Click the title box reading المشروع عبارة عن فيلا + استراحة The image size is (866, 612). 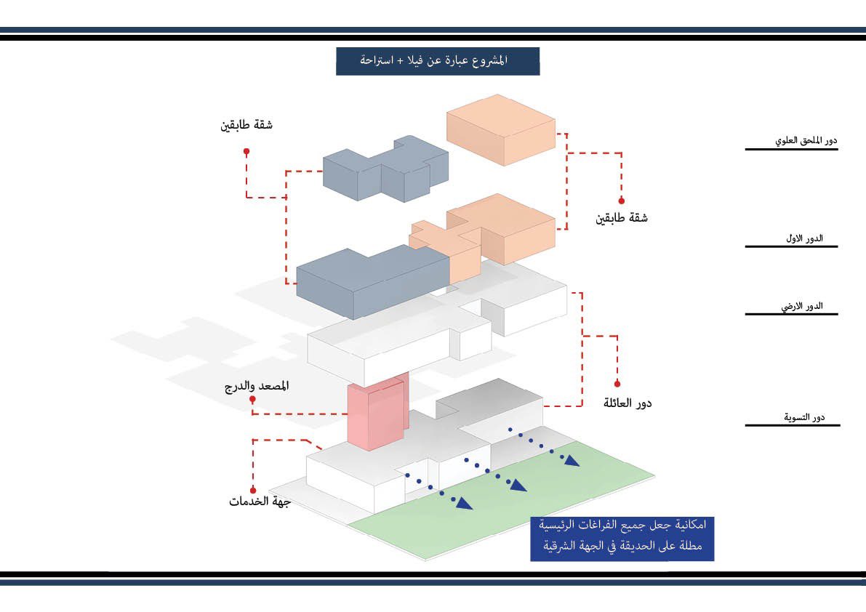437,61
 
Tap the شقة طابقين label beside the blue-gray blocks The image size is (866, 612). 246,125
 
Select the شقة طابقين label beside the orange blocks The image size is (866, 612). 622,217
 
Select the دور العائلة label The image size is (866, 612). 628,402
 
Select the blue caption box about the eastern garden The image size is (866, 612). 621,539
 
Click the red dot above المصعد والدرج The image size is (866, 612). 254,399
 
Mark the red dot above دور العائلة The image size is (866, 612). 617,383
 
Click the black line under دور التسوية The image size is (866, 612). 792,424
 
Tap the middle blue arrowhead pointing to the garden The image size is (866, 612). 518,486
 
